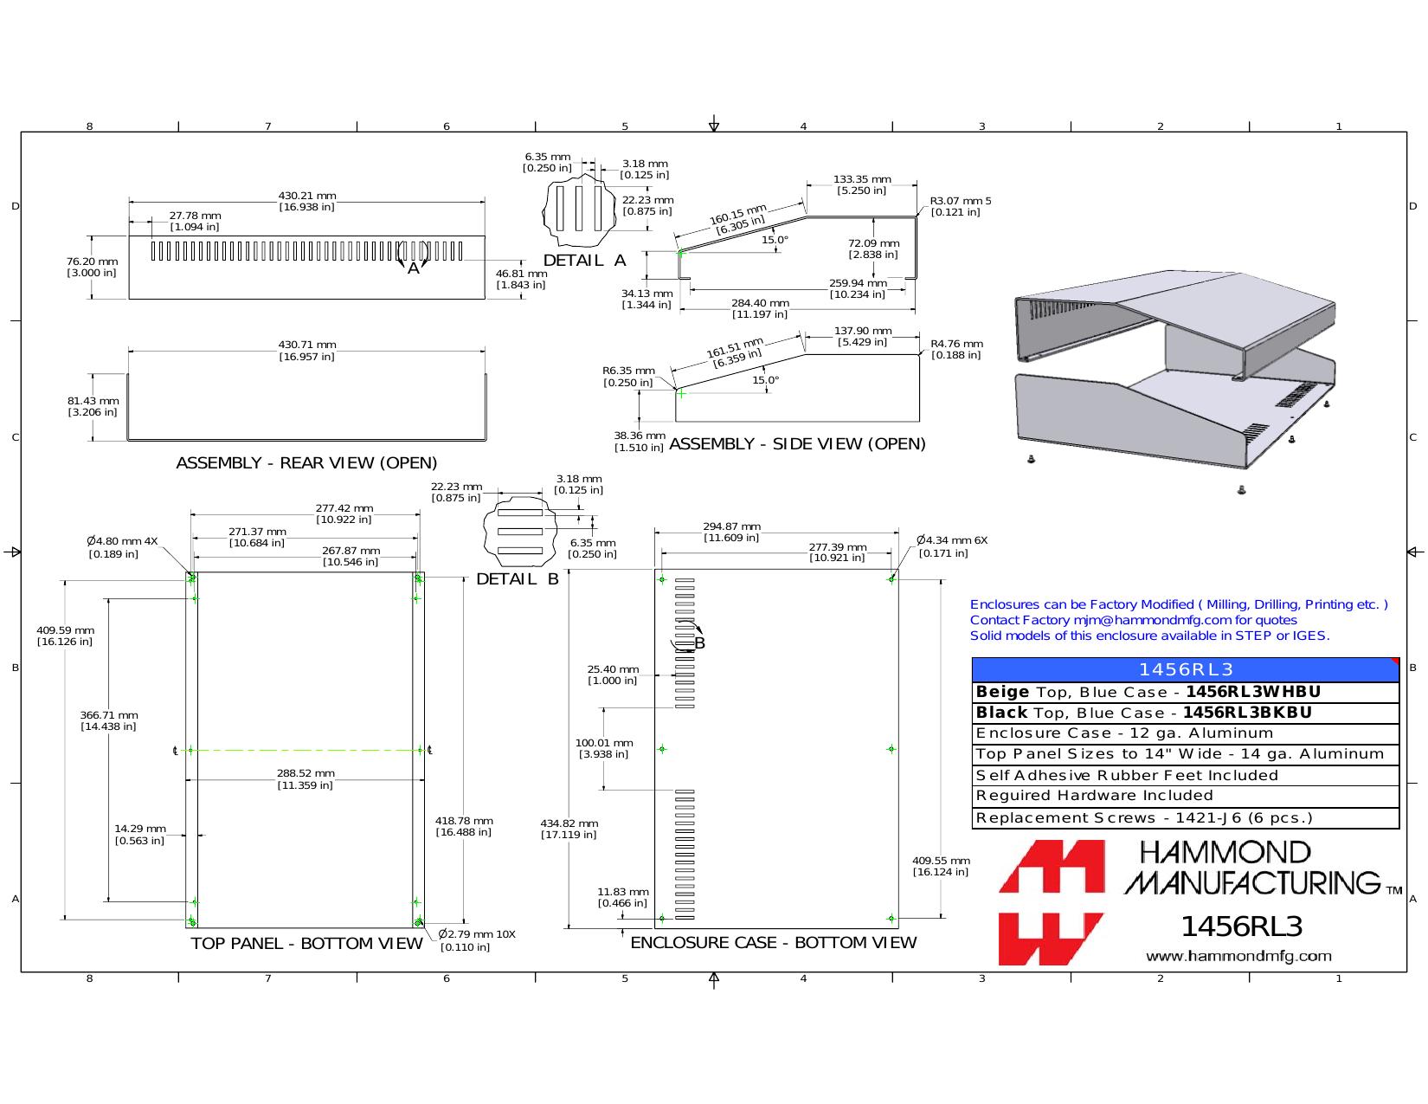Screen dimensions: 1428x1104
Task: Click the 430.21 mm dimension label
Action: (x=307, y=201)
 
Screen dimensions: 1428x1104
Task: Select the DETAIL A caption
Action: (x=584, y=261)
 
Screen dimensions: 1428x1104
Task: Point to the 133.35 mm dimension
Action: (x=862, y=184)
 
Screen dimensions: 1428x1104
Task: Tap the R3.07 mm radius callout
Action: (x=960, y=206)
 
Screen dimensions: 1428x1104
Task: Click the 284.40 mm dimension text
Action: (x=761, y=308)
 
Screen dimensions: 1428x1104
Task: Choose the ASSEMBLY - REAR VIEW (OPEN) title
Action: (x=306, y=463)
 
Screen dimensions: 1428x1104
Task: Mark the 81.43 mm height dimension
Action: (x=93, y=406)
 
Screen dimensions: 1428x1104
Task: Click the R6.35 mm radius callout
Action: (x=628, y=377)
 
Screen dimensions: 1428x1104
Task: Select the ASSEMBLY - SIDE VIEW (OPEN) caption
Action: (x=797, y=444)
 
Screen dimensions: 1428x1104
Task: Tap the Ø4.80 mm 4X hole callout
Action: (x=122, y=547)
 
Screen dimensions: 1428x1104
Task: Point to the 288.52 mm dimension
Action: (x=306, y=779)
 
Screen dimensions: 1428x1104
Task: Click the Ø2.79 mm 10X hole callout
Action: (x=477, y=940)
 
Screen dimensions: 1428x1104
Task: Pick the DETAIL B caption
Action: (x=518, y=579)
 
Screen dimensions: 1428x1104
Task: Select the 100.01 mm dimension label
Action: (x=604, y=748)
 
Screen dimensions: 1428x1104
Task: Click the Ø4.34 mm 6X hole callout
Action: (x=951, y=546)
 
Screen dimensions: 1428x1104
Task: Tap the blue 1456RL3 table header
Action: (x=1186, y=669)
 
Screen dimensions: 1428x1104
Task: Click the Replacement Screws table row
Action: (x=1186, y=818)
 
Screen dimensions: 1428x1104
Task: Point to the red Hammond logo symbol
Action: (x=1052, y=902)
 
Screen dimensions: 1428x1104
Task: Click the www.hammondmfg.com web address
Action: (x=1238, y=956)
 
